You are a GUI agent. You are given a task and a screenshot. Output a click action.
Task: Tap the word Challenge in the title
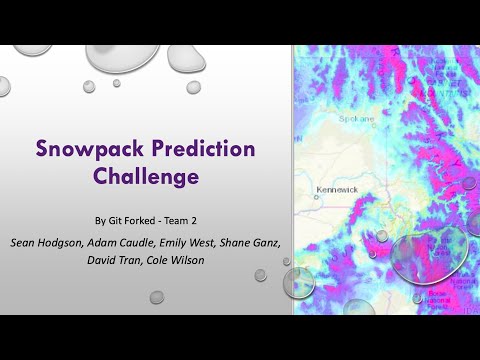147,178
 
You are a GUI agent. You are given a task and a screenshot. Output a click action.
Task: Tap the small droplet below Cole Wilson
156,296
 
